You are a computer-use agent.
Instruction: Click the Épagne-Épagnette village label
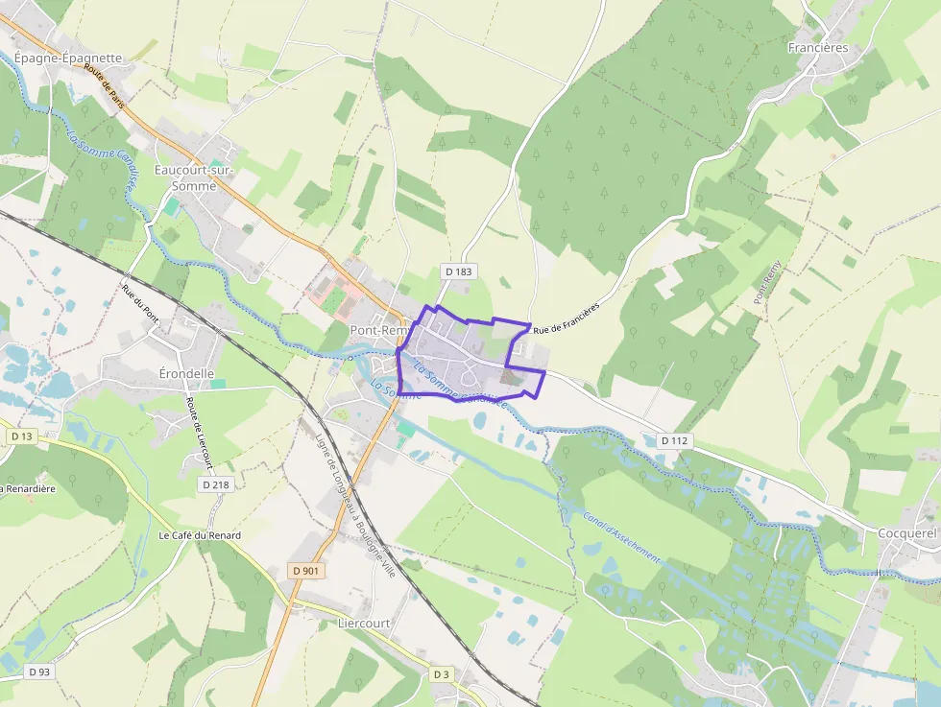[68, 58]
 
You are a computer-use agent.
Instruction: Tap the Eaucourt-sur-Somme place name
[195, 178]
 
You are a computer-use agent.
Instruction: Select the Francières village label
[818, 47]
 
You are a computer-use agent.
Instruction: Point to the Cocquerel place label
[906, 533]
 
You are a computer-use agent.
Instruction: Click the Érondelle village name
[186, 372]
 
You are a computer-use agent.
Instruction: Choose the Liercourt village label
[364, 623]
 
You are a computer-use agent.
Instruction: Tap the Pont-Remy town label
[379, 330]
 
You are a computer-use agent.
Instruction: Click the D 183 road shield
[459, 271]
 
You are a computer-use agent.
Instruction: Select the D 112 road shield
[676, 440]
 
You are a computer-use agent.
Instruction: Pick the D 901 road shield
[306, 571]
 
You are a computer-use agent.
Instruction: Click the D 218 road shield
[216, 484]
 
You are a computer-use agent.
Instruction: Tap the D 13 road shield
[21, 436]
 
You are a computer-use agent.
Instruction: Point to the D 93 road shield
[38, 672]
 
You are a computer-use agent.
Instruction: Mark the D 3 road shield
[441, 674]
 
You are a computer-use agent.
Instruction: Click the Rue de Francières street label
[567, 319]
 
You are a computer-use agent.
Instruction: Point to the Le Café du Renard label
[200, 535]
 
